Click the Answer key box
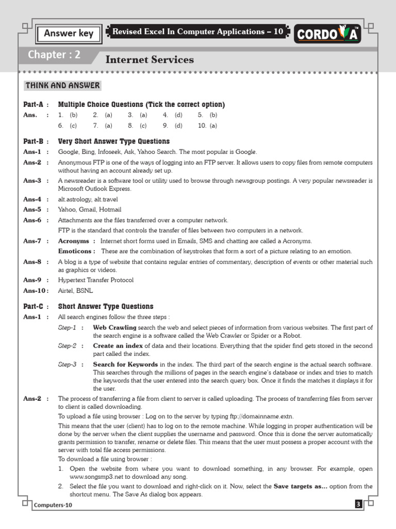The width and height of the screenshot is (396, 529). tap(69, 34)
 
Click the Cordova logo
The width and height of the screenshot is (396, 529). tap(327, 35)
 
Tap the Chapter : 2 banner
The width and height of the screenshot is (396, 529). tap(54, 55)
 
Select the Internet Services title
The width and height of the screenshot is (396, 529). tap(150, 59)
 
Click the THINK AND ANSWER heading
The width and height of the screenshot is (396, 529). tap(63, 85)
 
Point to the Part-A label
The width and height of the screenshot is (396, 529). tap(33, 104)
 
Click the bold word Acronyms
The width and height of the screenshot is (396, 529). tap(74, 241)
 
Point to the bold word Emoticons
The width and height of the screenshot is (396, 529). tap(75, 251)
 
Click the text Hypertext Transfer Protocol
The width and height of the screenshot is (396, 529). tap(95, 280)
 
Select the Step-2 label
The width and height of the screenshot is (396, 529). tap(67, 346)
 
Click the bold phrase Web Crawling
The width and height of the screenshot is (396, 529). tap(114, 328)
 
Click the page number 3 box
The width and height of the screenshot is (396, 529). tap(358, 505)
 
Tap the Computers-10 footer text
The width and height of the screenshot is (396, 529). tap(54, 505)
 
